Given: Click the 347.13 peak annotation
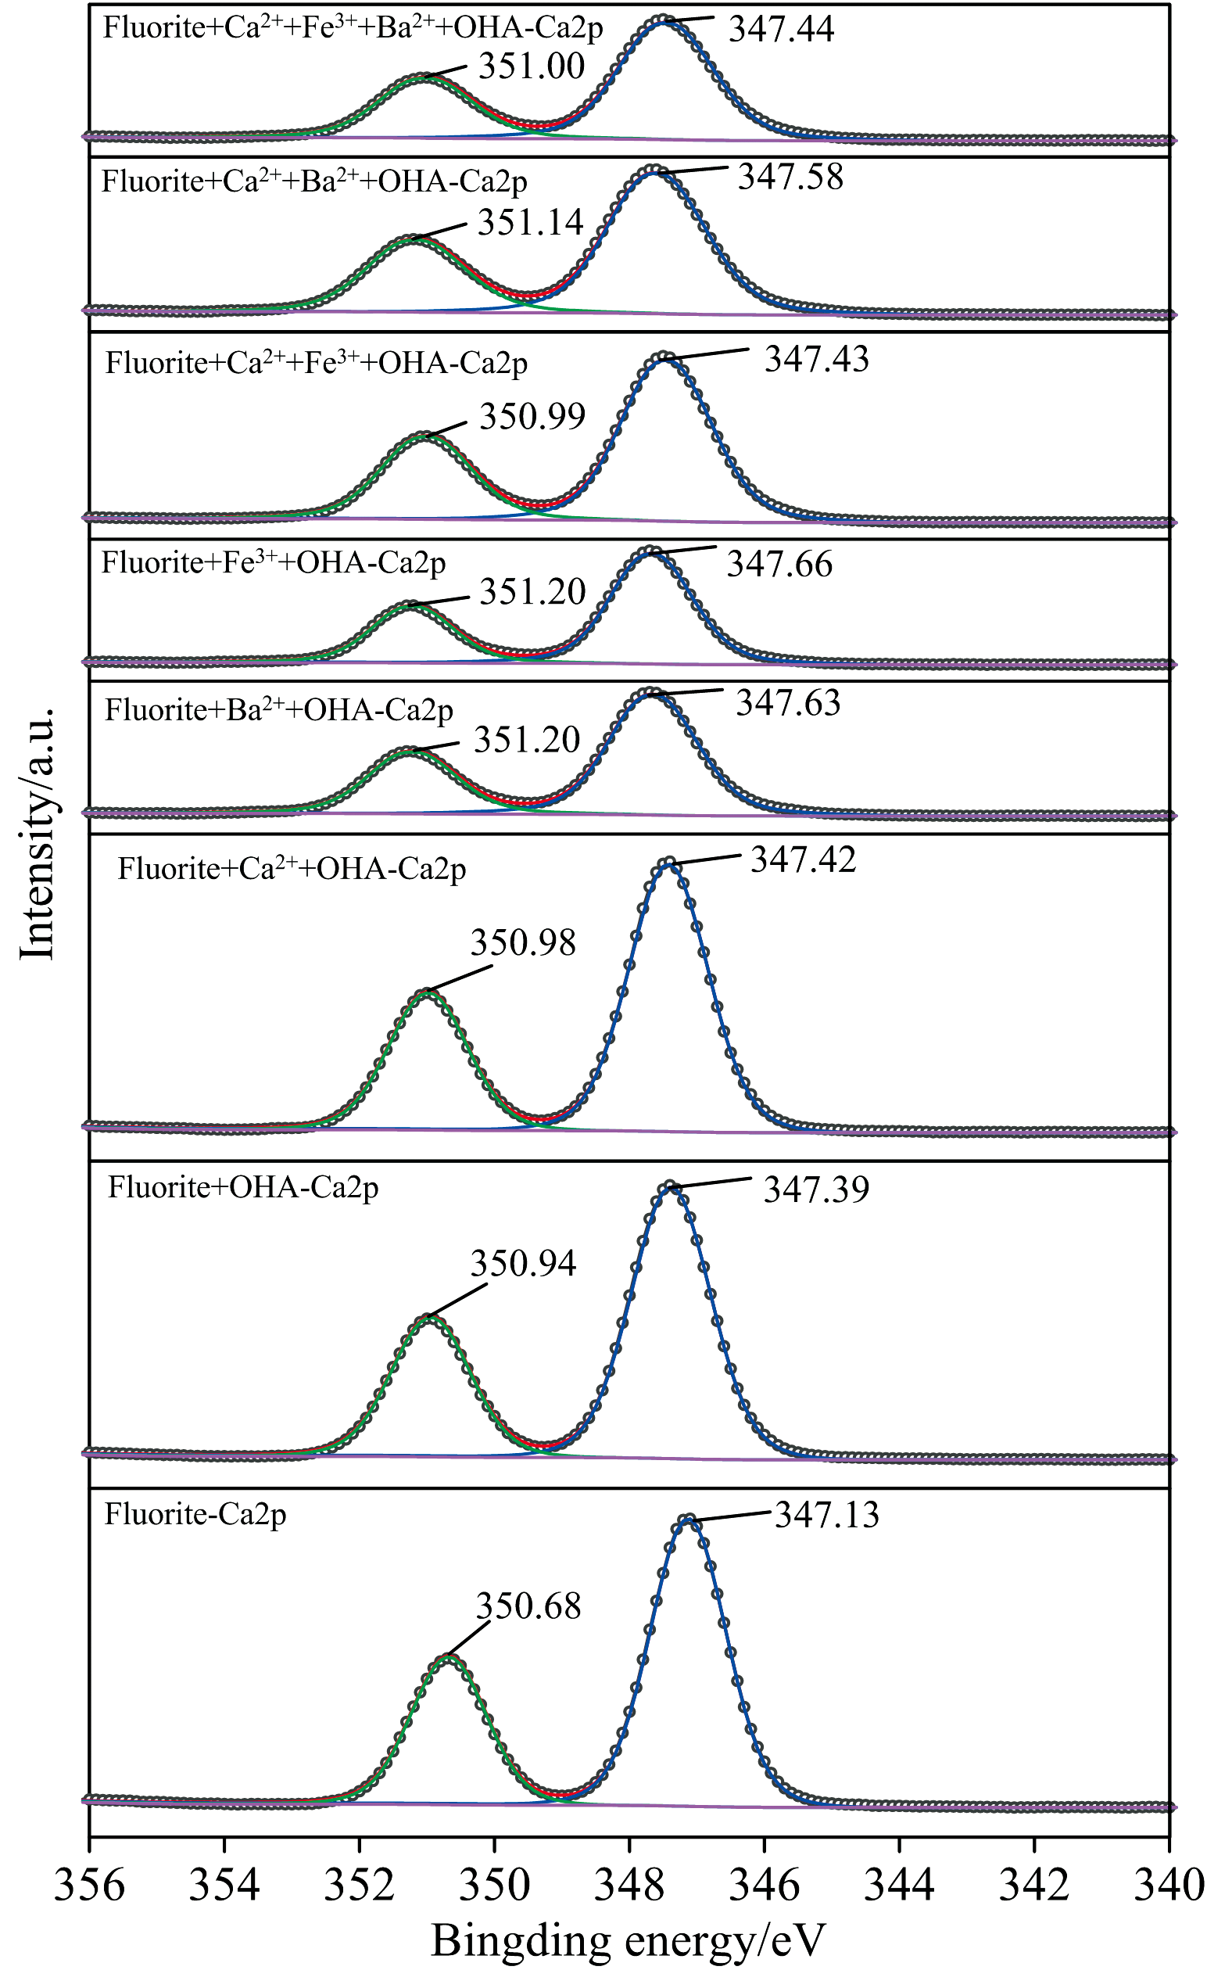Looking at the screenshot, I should click(x=826, y=1515).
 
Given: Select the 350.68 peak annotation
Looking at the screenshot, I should click(x=528, y=1606).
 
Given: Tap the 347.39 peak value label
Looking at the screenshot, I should click(x=816, y=1189).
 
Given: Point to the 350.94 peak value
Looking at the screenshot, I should click(x=523, y=1263).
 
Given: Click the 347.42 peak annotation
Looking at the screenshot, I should click(x=804, y=859).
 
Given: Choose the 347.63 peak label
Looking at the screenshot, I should click(x=788, y=703).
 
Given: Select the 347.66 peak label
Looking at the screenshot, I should click(x=779, y=564).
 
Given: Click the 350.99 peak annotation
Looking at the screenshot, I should click(x=532, y=416).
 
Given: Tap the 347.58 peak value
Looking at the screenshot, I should click(x=790, y=177).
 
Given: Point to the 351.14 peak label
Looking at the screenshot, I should click(x=531, y=222).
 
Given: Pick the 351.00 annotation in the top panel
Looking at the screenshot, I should click(x=532, y=66).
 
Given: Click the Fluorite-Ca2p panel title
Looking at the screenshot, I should click(x=195, y=1514).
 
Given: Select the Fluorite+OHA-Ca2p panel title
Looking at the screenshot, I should click(x=243, y=1187).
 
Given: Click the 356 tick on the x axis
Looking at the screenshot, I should click(x=90, y=1886).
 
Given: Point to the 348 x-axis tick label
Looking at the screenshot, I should click(x=629, y=1886).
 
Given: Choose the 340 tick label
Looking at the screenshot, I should click(x=1169, y=1886).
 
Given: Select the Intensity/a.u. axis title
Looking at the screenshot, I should click(x=38, y=832).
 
